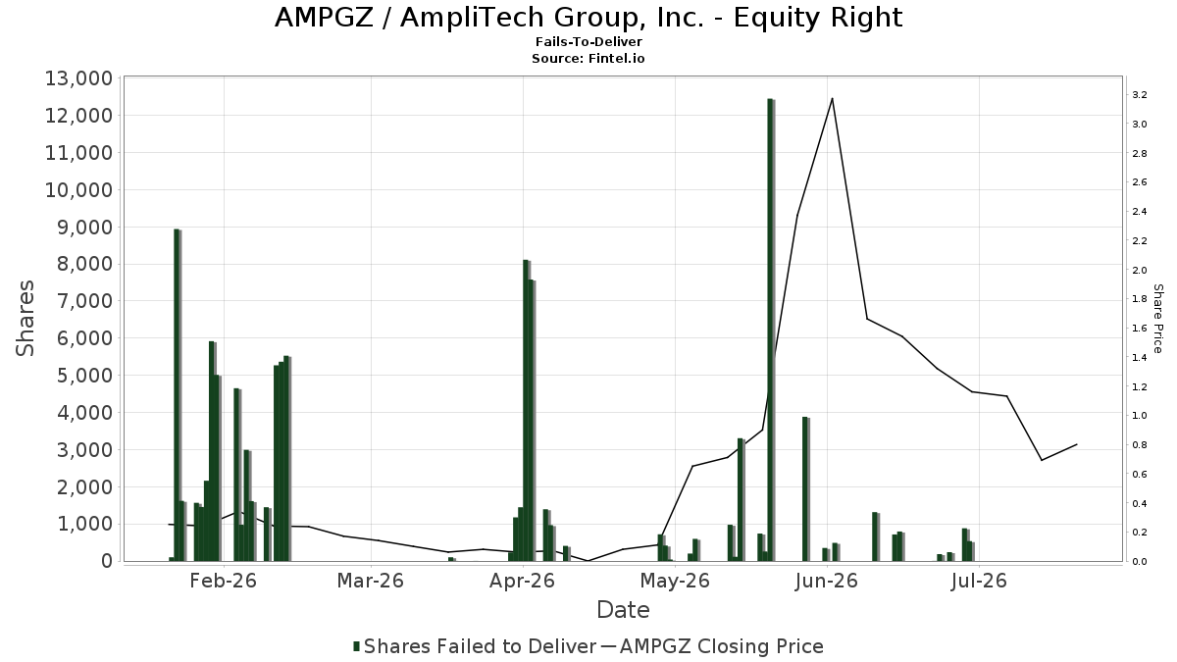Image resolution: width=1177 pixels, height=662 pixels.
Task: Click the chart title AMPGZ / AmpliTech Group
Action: point(588,17)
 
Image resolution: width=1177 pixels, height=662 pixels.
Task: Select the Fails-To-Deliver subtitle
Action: point(588,41)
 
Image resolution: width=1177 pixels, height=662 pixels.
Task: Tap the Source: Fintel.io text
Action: point(588,58)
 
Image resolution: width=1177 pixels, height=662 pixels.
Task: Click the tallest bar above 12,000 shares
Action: point(771,330)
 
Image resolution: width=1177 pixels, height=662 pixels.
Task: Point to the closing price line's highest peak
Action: point(832,99)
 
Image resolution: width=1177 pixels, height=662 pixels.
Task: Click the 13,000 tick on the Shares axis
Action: point(78,78)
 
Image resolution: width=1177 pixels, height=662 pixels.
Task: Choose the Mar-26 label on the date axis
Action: point(371,581)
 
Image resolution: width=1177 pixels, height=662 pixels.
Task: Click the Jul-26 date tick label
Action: point(979,581)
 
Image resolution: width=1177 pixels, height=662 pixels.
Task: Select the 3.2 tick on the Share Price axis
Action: point(1139,95)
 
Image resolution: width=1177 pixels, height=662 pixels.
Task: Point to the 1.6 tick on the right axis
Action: point(1139,329)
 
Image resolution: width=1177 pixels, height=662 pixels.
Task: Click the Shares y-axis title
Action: point(25,319)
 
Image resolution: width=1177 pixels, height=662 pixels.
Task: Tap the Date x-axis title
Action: point(623,610)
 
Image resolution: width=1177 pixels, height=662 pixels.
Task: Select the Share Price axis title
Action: point(1157,319)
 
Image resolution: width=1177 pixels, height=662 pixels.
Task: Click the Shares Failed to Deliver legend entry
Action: point(475,646)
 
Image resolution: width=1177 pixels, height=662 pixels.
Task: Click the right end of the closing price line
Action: point(1077,444)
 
